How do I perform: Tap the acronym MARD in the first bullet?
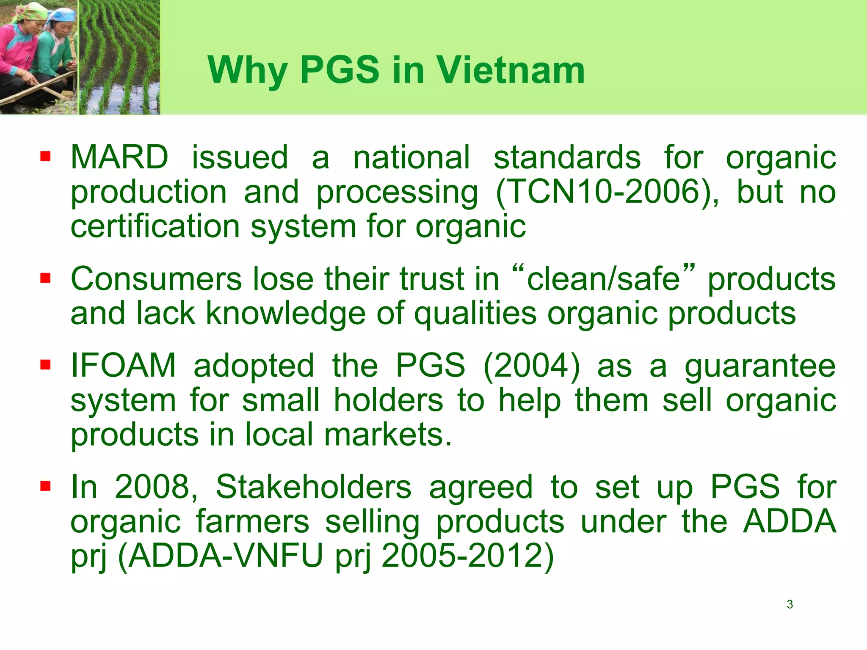119,157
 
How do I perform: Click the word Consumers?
156,279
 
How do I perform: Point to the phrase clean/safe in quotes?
603,279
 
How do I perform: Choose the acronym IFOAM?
123,366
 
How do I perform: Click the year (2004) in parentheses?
531,366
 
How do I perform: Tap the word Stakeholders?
313,487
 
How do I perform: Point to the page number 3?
790,604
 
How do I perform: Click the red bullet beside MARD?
45,157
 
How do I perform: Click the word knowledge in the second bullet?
285,314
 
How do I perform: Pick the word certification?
155,227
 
